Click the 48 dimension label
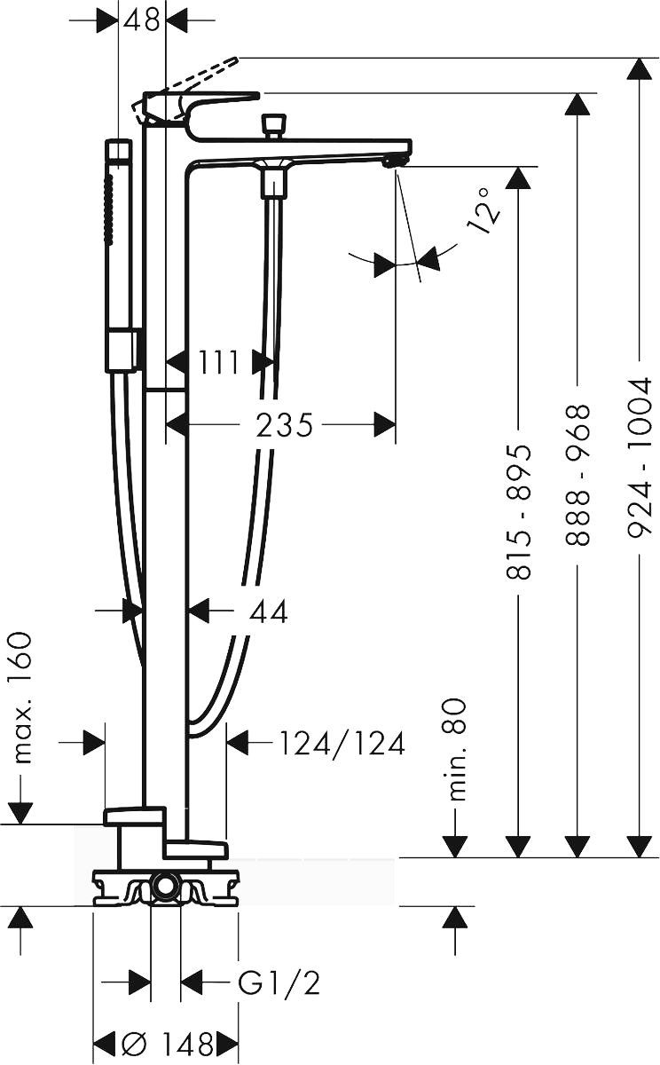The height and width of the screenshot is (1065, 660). pyautogui.click(x=141, y=20)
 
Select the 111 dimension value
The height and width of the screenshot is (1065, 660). pyautogui.click(x=218, y=362)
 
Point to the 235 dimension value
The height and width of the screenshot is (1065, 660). pyautogui.click(x=284, y=424)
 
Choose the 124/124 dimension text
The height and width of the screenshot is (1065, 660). pyautogui.click(x=342, y=743)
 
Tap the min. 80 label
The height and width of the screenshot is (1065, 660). pyautogui.click(x=457, y=750)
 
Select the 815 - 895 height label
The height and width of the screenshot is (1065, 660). pyautogui.click(x=518, y=512)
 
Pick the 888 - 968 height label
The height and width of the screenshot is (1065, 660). pyautogui.click(x=577, y=475)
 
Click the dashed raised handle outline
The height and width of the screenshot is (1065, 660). pyautogui.click(x=200, y=75)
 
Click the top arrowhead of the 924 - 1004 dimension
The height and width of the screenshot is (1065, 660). pyautogui.click(x=640, y=68)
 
